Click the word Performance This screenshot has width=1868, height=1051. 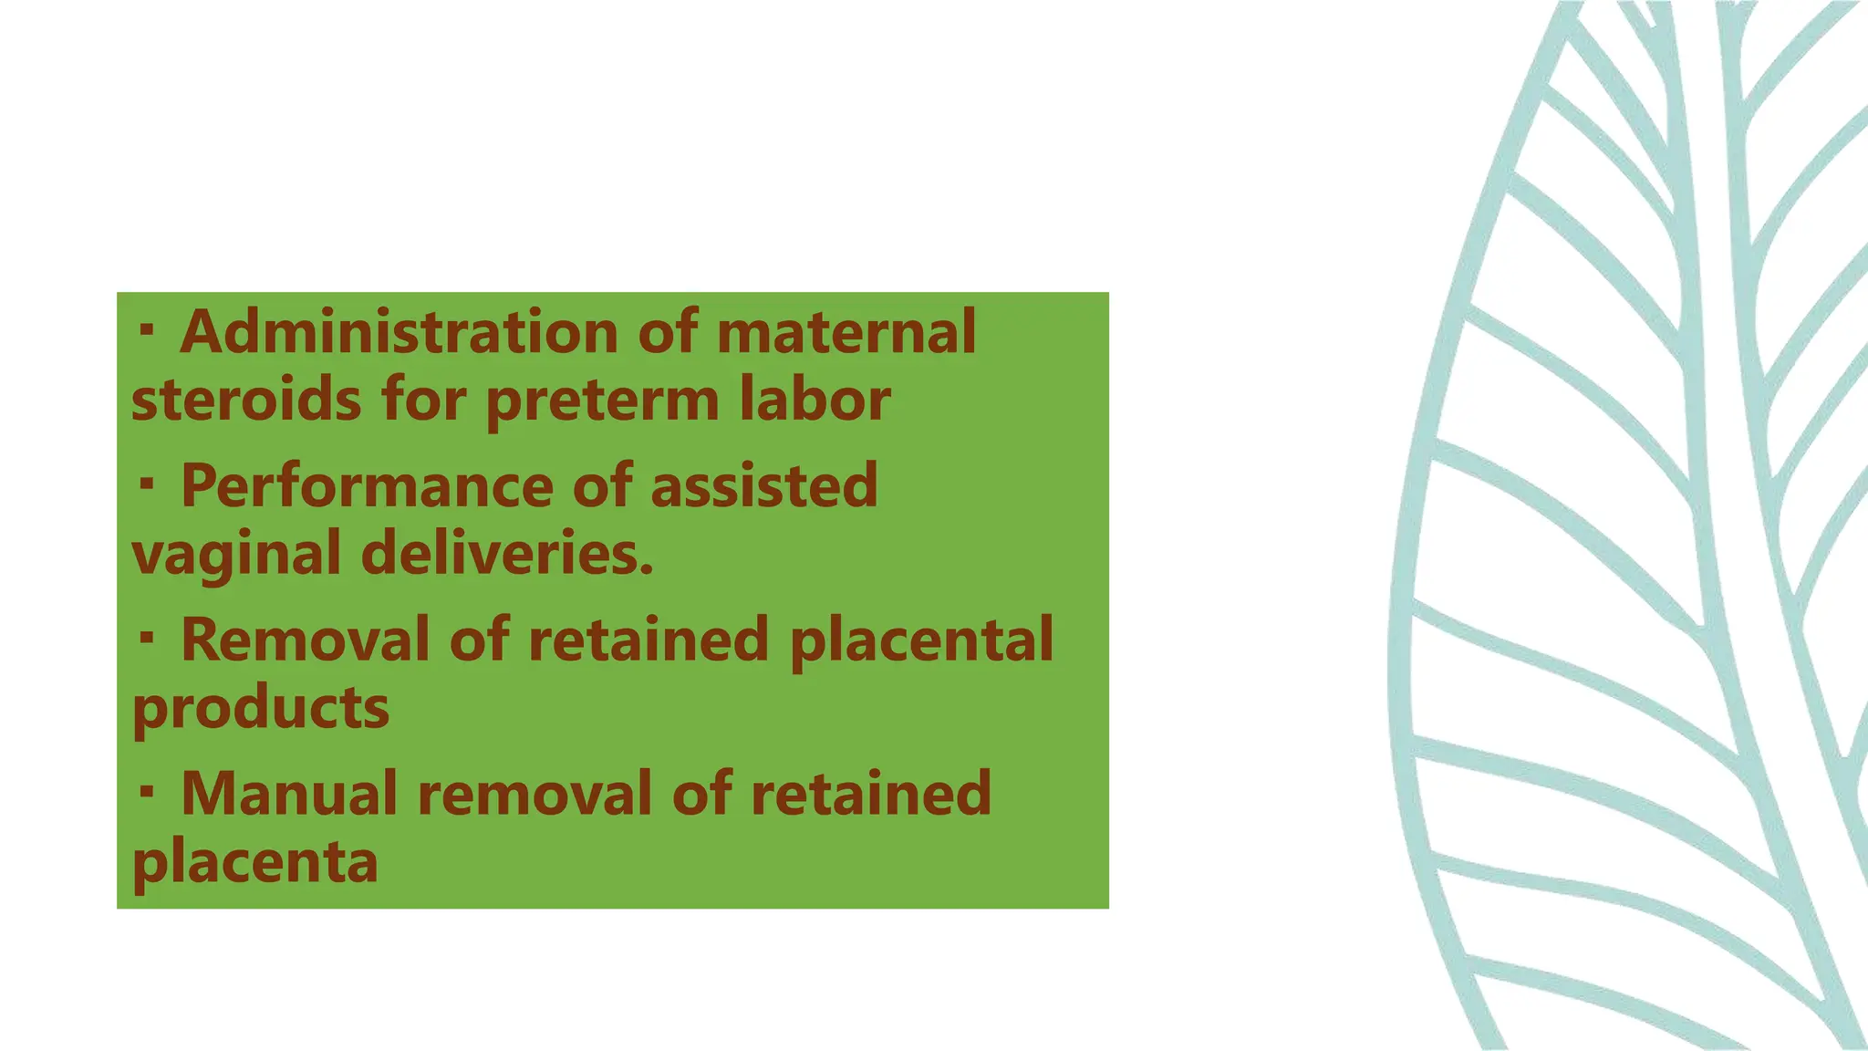(x=367, y=485)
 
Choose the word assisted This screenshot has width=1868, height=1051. (x=763, y=485)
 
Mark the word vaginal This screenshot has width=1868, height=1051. (x=236, y=555)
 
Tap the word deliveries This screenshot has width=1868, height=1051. (x=507, y=554)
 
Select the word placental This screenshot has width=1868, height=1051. (x=921, y=640)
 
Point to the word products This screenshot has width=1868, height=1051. (x=261, y=708)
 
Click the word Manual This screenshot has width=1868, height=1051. (x=289, y=793)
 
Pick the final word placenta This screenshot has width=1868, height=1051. (x=255, y=862)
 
